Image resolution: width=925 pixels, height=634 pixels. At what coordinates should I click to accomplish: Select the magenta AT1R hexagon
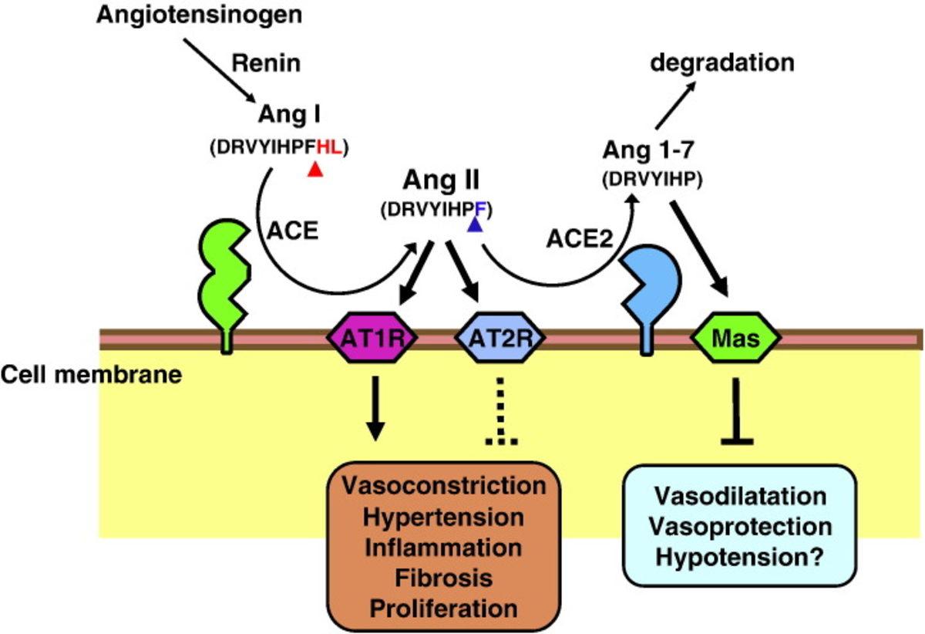click(372, 337)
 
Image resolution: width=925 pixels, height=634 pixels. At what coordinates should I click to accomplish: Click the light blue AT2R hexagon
click(502, 337)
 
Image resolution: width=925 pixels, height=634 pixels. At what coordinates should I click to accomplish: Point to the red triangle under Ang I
click(314, 170)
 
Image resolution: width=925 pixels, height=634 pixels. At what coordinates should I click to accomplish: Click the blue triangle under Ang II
click(476, 223)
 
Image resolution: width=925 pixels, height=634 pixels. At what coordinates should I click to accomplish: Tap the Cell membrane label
click(91, 376)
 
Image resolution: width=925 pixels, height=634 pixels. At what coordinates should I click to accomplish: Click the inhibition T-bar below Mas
click(738, 412)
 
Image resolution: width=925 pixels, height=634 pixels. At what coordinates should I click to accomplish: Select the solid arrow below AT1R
click(375, 409)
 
